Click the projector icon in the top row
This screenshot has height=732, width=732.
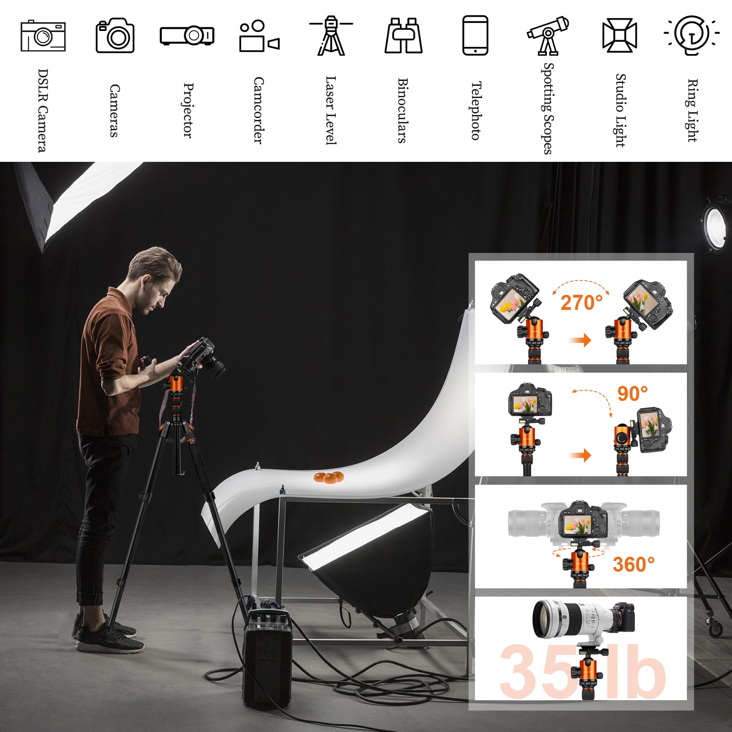tap(187, 35)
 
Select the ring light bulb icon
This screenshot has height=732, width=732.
tap(691, 35)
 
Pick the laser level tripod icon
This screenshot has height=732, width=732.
tap(331, 36)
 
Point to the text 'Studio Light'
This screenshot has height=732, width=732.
tap(620, 110)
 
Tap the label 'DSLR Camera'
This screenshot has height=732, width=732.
tap(43, 110)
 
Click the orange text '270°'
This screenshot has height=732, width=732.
tap(582, 303)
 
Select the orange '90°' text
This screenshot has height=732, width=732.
tap(632, 393)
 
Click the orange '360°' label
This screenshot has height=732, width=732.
tap(634, 564)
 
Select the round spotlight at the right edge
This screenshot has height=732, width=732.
tap(717, 224)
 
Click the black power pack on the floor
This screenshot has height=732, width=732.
tap(267, 659)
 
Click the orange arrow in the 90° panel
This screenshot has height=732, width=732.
tap(580, 455)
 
